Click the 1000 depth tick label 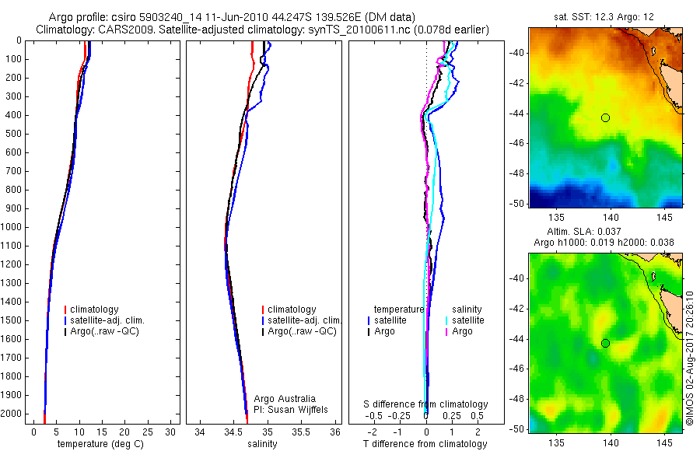click(12, 227)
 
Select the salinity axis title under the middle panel click(261, 444)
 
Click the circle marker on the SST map click(605, 117)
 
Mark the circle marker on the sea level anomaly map click(605, 343)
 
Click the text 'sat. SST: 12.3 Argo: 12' click(605, 16)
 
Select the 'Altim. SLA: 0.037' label click(606, 233)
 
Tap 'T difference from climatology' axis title click(425, 444)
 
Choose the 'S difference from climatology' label click(425, 404)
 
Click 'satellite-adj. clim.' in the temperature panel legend click(113, 320)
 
